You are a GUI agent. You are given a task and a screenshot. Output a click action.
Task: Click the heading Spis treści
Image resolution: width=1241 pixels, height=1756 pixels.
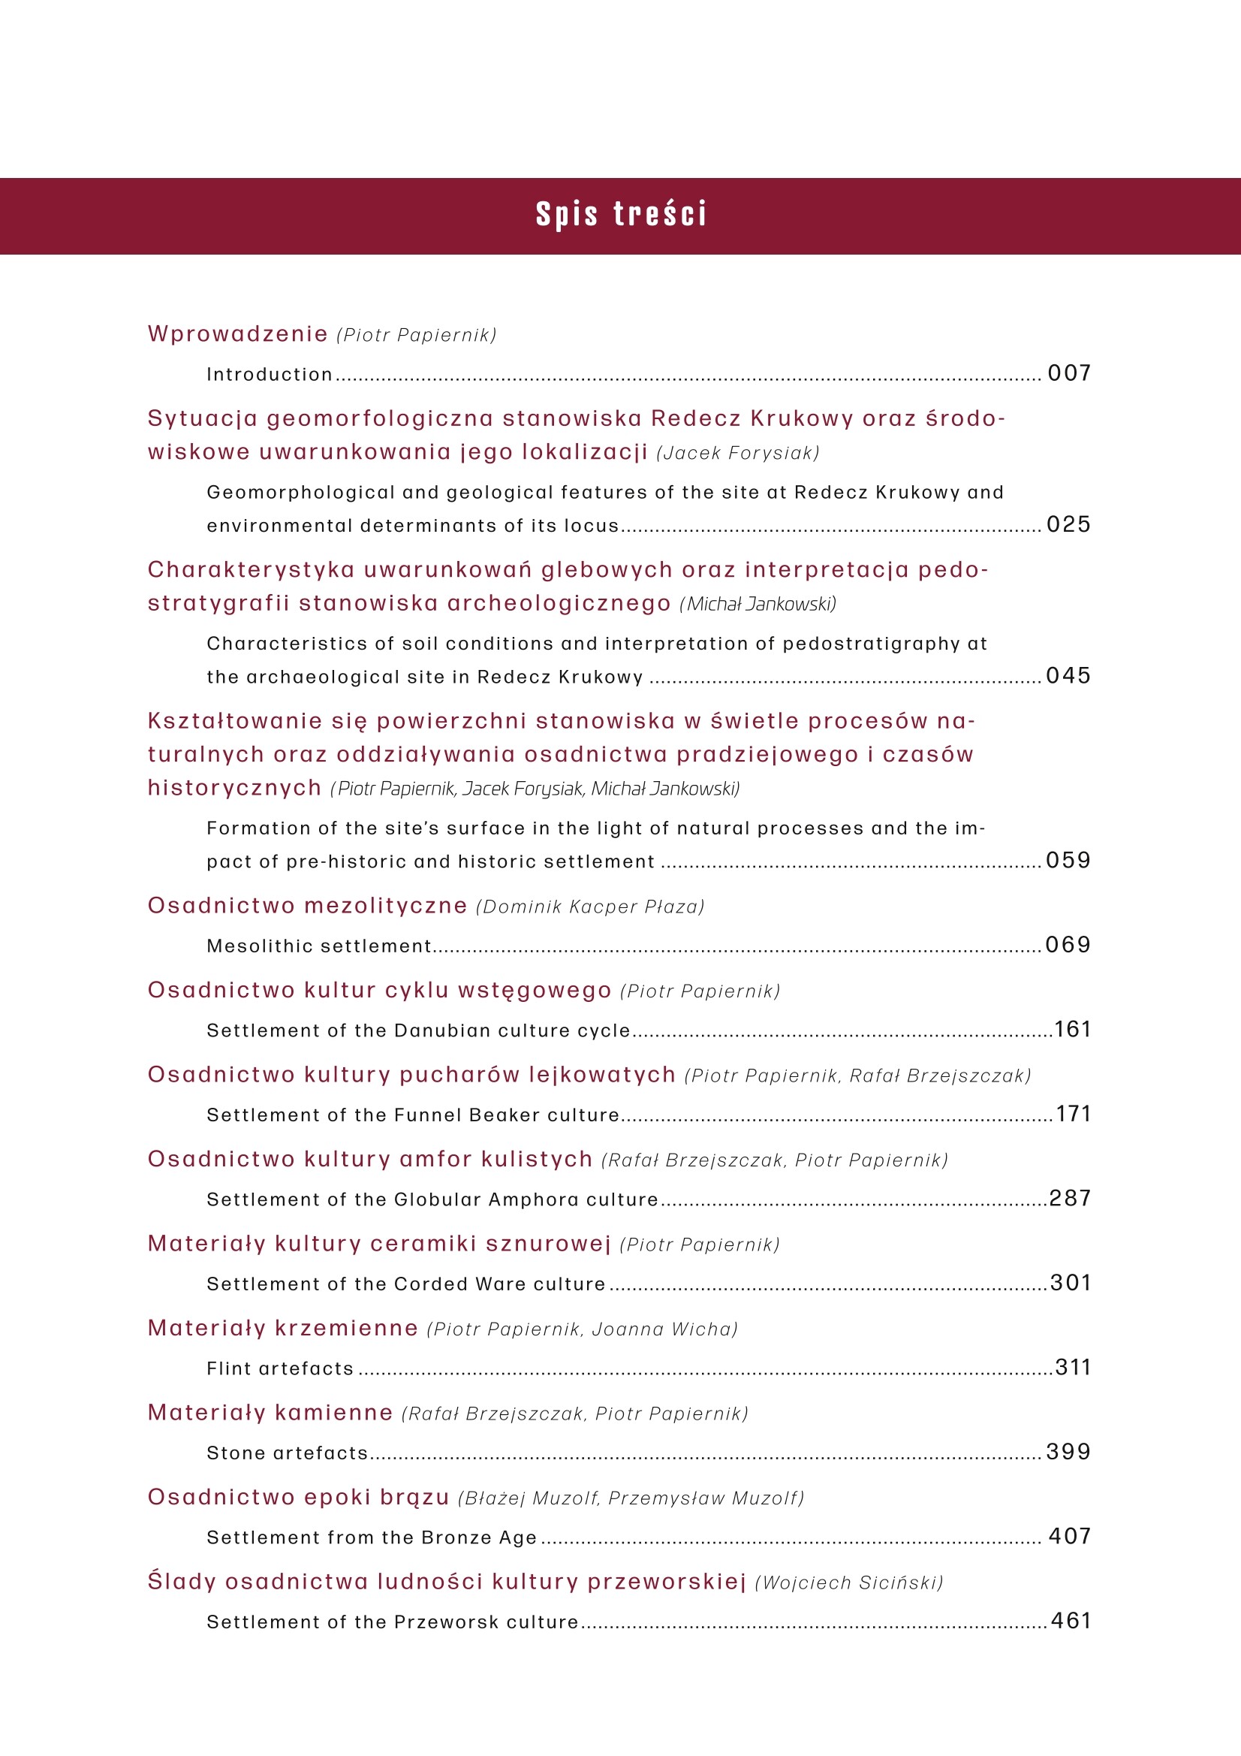621,215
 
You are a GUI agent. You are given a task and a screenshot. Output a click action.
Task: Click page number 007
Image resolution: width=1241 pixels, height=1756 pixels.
1069,373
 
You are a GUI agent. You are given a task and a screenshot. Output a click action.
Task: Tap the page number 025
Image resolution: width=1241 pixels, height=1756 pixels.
1069,525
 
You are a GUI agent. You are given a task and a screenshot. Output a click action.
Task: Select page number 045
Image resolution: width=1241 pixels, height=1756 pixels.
1069,676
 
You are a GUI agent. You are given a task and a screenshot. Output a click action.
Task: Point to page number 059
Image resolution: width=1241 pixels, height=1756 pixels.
1069,861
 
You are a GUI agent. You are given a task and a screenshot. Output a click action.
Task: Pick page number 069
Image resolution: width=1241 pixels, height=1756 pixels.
1069,946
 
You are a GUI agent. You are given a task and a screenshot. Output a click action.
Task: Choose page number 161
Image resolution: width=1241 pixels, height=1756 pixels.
1073,1030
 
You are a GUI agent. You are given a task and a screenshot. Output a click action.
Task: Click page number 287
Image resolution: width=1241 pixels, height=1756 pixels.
1070,1199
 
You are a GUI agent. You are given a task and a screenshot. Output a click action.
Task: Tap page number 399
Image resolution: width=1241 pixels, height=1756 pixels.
1069,1452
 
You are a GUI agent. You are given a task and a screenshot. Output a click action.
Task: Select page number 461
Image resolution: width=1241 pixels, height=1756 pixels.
1071,1621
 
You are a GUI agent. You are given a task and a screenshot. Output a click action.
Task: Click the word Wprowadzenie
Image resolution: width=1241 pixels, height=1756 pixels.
238,334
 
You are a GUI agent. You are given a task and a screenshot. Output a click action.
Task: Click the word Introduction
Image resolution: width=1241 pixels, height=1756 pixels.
270,375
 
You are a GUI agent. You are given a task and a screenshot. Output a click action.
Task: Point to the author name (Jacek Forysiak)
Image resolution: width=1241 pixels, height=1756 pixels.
738,454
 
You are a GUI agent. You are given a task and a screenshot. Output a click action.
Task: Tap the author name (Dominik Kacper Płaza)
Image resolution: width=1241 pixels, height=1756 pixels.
589,907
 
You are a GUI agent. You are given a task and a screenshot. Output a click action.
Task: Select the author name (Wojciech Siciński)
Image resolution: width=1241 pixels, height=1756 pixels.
849,1583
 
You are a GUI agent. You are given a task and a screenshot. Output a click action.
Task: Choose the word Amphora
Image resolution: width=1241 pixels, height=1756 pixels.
534,1200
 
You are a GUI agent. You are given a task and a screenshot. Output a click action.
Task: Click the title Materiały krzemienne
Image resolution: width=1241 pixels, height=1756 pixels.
283,1329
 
